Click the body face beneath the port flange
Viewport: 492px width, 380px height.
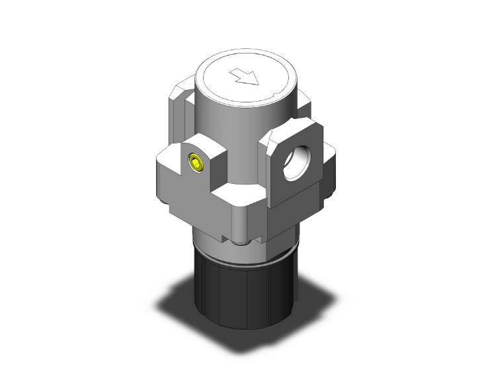[x=291, y=211]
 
